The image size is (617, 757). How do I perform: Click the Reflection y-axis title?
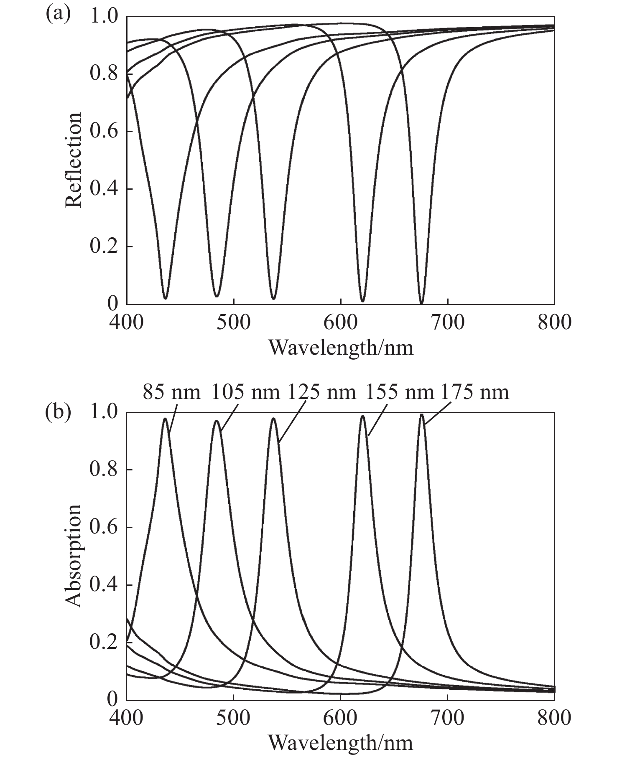73,160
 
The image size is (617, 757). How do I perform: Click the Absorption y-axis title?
73,556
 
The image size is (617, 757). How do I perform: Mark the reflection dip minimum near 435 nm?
166,298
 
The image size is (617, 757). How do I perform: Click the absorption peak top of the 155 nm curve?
362,416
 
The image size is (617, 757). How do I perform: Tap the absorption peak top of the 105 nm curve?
217,421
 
